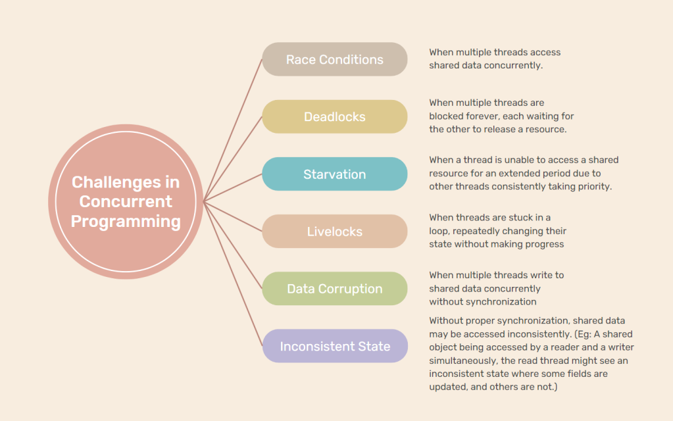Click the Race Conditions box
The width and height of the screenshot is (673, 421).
(x=334, y=60)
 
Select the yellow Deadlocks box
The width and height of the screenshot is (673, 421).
(x=334, y=117)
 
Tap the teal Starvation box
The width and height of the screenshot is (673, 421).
(x=334, y=174)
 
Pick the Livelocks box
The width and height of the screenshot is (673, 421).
(x=334, y=232)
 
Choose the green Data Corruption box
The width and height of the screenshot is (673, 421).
(x=334, y=289)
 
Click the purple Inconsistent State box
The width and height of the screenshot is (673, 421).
(x=334, y=346)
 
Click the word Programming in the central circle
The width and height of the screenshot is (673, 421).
(x=126, y=222)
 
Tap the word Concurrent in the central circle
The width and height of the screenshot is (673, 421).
(x=126, y=201)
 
